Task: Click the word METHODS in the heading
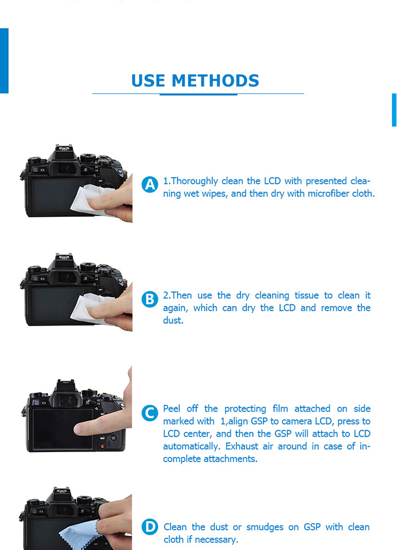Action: point(215,81)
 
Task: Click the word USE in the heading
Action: point(148,81)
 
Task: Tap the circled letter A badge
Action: point(150,184)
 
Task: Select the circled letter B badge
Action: point(150,299)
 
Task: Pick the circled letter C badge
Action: point(150,413)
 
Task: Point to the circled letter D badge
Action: point(150,527)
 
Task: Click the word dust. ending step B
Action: point(173,320)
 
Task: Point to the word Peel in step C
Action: point(172,409)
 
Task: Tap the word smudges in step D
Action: point(265,527)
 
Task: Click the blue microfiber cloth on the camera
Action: point(79,535)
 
